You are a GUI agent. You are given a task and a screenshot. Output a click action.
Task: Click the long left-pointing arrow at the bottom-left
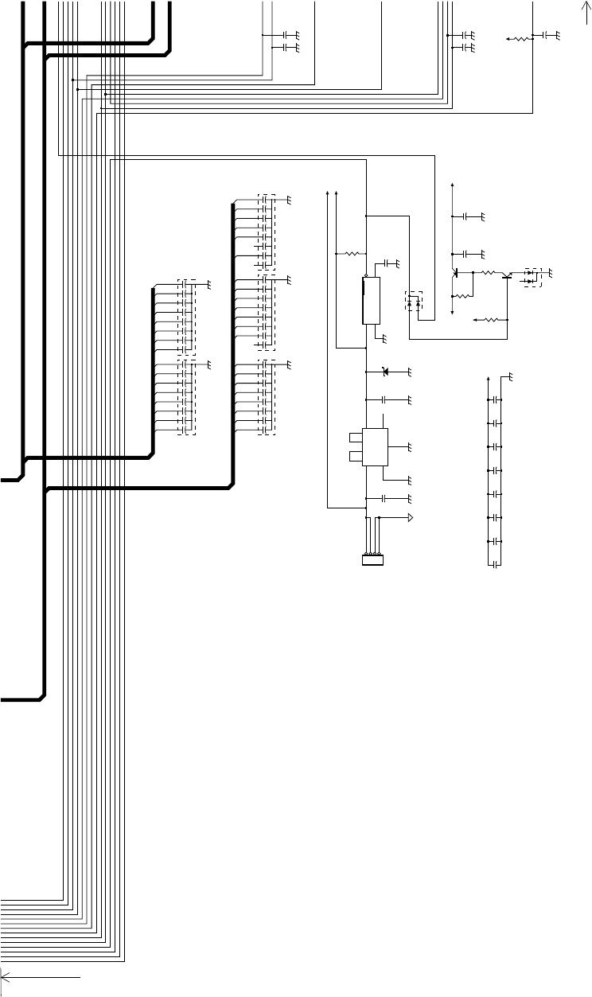(40, 974)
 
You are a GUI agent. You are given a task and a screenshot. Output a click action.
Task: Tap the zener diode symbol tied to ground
(386, 372)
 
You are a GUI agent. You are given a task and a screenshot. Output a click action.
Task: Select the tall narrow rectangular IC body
(370, 301)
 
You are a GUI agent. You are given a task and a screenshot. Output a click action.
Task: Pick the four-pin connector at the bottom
(373, 561)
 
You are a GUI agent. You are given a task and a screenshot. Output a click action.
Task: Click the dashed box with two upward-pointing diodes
(415, 302)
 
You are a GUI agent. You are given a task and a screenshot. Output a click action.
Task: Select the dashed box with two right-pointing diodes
(530, 276)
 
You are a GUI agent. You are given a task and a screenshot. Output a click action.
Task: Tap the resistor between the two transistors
(488, 272)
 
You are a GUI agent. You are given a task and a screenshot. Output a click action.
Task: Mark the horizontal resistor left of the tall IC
(351, 254)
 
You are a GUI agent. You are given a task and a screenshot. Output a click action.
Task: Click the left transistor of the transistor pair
(456, 272)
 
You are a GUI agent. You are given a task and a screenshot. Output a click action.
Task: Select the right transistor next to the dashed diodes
(507, 275)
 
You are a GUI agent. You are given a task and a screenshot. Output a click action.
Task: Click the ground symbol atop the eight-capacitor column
(510, 376)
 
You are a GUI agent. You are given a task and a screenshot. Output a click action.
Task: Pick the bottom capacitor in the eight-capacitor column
(495, 564)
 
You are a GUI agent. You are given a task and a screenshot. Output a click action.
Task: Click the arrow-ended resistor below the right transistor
(489, 319)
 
